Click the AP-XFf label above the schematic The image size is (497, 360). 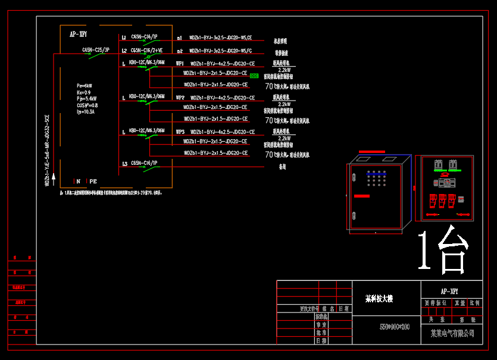click(x=79, y=35)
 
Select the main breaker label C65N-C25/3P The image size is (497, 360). click(x=95, y=50)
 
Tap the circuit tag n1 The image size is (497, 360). click(x=180, y=37)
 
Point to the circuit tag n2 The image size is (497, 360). click(x=180, y=51)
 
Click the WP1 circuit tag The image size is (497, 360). click(x=180, y=64)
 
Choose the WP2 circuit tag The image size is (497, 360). click(x=180, y=98)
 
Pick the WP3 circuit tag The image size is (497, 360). click(x=180, y=132)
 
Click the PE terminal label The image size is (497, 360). click(x=93, y=181)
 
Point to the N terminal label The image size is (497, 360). click(x=77, y=181)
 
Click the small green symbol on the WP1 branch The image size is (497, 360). click(x=254, y=76)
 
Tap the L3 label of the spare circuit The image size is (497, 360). click(x=124, y=164)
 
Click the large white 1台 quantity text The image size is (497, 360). click(x=443, y=249)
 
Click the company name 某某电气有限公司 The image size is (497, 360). click(x=452, y=333)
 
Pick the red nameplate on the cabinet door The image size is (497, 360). click(x=361, y=196)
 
